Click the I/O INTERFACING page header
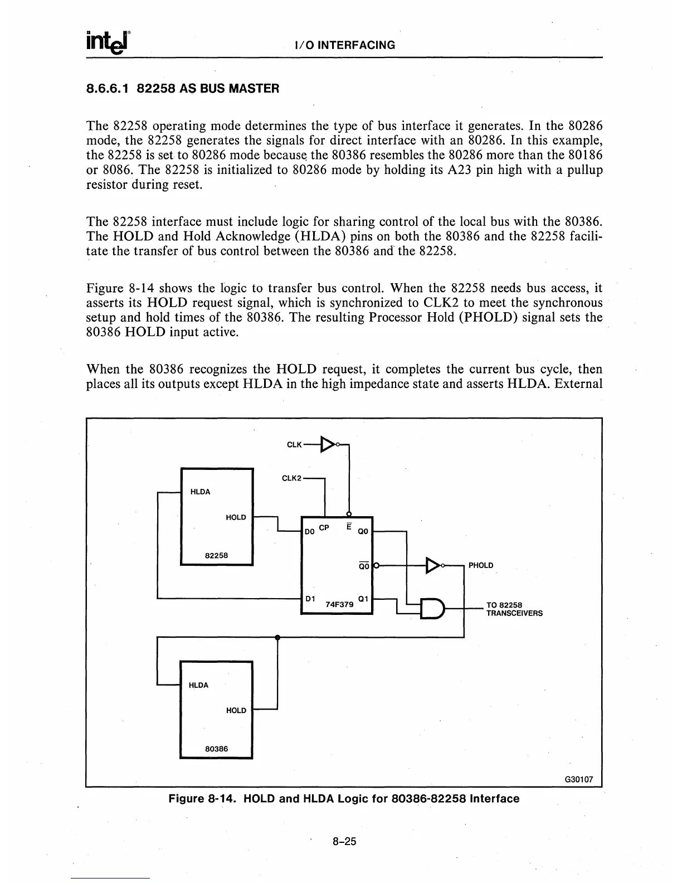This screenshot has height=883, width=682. tap(345, 46)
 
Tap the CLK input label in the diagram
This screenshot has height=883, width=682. tap(294, 444)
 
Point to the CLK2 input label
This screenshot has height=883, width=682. tap(291, 478)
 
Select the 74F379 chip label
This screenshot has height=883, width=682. tap(339, 603)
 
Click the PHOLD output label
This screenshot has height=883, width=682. tap(481, 565)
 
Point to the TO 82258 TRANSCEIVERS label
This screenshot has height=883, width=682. tap(514, 609)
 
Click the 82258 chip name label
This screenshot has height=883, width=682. tap(216, 555)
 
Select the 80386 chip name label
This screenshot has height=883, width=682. tap(216, 749)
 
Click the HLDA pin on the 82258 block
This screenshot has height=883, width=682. tap(200, 492)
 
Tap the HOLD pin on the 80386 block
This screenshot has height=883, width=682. tap(236, 710)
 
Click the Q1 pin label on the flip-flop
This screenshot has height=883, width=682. tap(362, 599)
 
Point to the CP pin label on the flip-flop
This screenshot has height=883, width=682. tap(325, 527)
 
